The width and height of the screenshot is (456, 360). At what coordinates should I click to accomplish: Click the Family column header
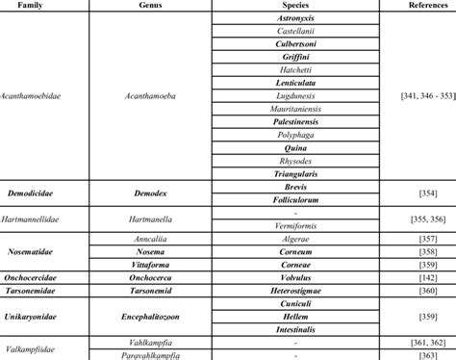(35, 5)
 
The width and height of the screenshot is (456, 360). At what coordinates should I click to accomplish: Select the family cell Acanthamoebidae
(36, 96)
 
